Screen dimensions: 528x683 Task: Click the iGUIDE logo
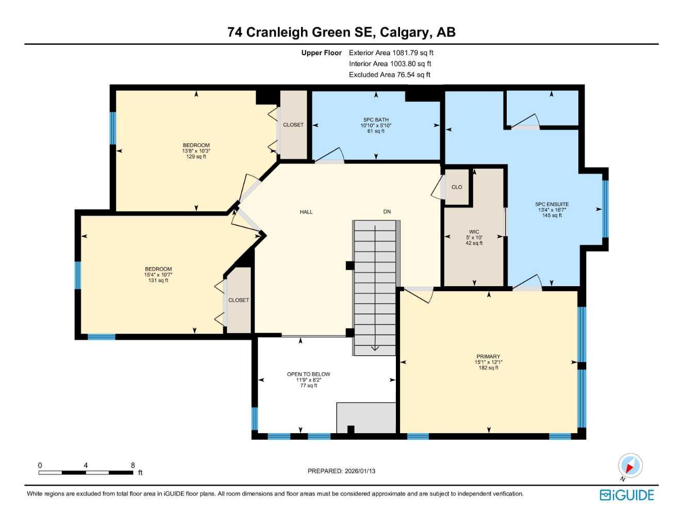click(x=627, y=495)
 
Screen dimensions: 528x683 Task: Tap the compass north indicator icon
click(x=630, y=466)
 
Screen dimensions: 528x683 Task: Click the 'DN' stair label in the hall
click(x=387, y=211)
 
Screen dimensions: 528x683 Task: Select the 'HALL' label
click(x=306, y=212)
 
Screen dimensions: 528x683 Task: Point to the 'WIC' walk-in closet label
click(x=474, y=232)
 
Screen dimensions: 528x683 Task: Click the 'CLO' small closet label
click(x=457, y=187)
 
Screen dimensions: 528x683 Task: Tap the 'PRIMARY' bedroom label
click(x=488, y=356)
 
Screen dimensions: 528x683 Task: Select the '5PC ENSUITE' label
click(x=552, y=204)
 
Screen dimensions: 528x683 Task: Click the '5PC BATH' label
click(x=376, y=120)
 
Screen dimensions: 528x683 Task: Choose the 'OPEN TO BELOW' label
click(x=309, y=374)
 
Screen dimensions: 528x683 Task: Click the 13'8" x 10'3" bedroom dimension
click(x=196, y=151)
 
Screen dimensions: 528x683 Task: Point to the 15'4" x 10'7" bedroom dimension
click(x=158, y=275)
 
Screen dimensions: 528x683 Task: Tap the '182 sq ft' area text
click(x=488, y=368)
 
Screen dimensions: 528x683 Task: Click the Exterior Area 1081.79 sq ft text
click(x=391, y=53)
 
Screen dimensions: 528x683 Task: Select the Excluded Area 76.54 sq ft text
click(x=389, y=75)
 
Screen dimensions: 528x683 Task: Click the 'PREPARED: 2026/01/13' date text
click(x=341, y=471)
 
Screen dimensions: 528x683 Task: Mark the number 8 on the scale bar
click(x=132, y=465)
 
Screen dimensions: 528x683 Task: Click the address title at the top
click(x=341, y=32)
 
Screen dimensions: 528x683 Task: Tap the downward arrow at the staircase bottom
click(x=375, y=348)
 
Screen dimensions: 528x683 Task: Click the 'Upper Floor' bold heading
click(x=321, y=53)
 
